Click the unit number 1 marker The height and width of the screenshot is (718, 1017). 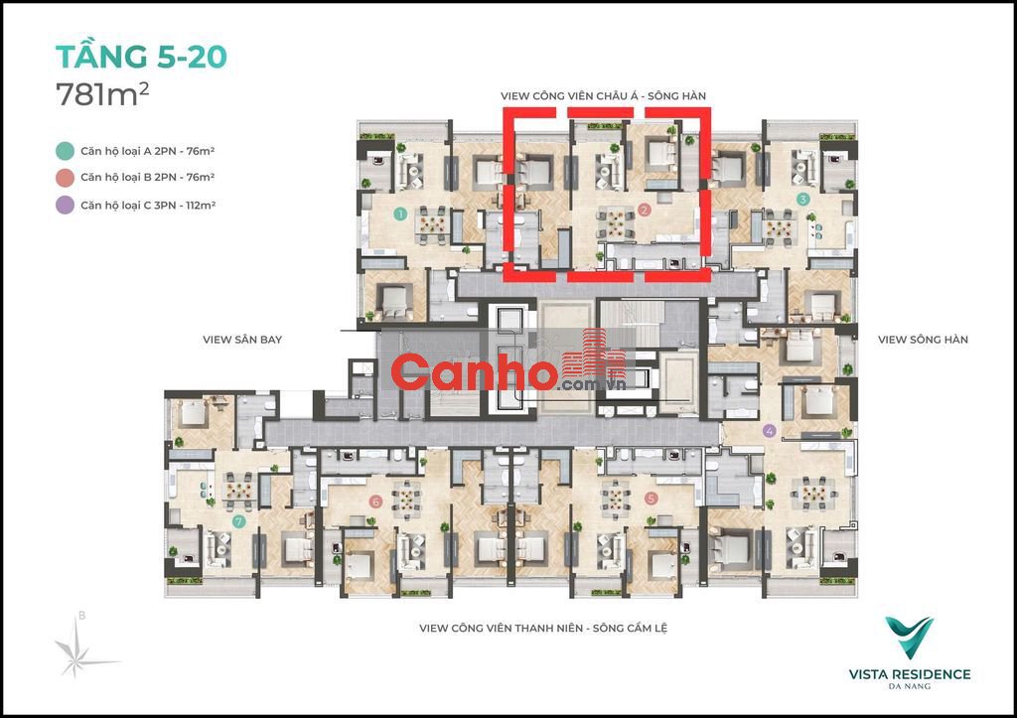[400, 213]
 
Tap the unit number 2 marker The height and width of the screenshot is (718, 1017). [644, 210]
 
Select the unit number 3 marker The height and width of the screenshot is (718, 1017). [802, 200]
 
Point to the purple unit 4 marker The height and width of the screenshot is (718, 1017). [770, 431]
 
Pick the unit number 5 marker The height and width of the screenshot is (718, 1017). [652, 499]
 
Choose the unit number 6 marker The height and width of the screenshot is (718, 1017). [374, 502]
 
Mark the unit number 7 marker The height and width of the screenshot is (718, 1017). [238, 521]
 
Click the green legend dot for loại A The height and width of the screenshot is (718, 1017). [65, 151]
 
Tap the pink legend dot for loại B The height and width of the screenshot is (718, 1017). [65, 178]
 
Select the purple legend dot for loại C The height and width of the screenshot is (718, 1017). [65, 205]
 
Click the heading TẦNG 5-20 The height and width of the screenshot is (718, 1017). [141, 56]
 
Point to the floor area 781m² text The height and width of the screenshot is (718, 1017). [102, 94]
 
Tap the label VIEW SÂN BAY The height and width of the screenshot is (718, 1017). [242, 340]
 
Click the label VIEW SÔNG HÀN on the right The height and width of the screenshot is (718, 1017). [923, 340]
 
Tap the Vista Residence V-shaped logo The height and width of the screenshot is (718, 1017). [910, 637]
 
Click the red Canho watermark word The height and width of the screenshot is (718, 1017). [474, 373]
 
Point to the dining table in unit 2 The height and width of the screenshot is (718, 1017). [615, 222]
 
